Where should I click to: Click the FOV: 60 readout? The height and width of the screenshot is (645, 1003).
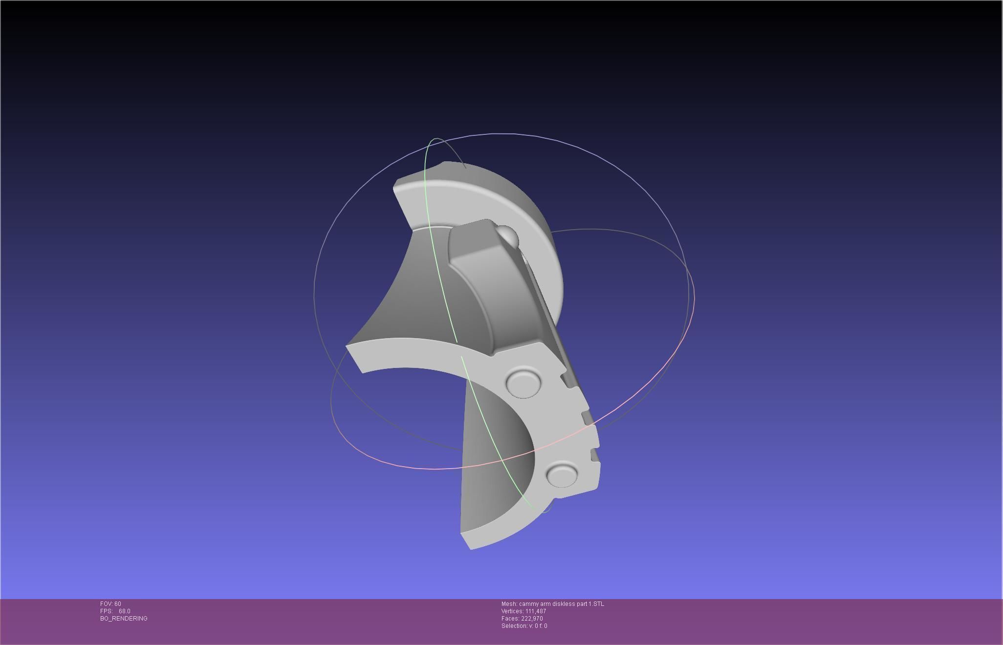(x=110, y=604)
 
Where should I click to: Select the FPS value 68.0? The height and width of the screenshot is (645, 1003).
(x=124, y=611)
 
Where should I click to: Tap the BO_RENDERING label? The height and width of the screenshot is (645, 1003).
(x=124, y=619)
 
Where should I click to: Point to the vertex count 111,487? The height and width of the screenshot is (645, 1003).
(x=536, y=611)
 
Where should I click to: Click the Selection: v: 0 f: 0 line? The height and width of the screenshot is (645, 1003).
(x=524, y=626)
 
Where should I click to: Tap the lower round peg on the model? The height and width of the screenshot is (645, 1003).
(x=562, y=474)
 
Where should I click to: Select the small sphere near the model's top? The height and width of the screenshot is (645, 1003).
(x=508, y=235)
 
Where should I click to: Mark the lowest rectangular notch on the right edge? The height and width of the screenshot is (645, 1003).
(x=595, y=455)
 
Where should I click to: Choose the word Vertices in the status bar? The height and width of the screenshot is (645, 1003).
(x=512, y=611)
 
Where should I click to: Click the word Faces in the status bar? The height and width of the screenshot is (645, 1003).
(x=509, y=619)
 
